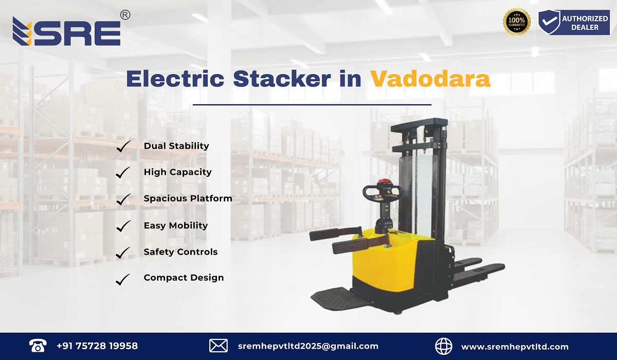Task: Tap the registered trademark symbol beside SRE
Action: point(124,15)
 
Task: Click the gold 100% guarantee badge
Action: point(517,22)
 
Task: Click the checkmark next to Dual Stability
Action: point(123,147)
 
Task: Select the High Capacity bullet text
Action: point(177,172)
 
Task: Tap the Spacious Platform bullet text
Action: point(188,199)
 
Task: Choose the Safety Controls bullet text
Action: point(180,252)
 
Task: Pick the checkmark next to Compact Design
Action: point(123,279)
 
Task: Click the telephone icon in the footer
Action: point(38,346)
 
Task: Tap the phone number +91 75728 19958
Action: point(97,346)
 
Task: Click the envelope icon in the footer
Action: point(219,346)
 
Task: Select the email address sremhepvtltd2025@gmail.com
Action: point(308,346)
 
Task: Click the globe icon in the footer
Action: point(444,346)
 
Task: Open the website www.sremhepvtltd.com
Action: point(515,347)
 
